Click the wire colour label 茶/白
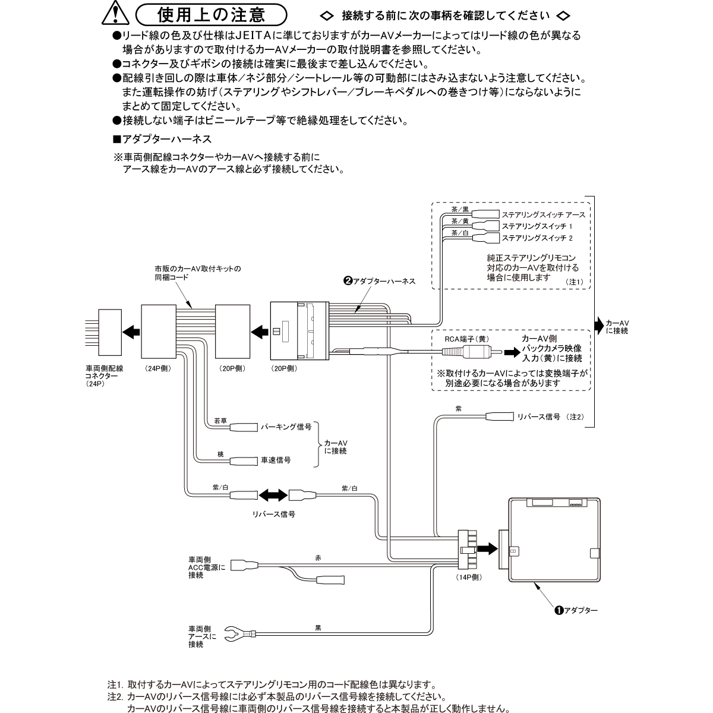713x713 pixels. click(x=460, y=234)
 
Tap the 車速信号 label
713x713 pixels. click(x=276, y=460)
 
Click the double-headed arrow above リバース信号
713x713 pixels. click(x=273, y=494)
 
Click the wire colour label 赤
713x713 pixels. click(x=318, y=558)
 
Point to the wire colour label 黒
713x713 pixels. click(x=318, y=627)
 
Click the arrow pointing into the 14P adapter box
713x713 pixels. click(x=487, y=548)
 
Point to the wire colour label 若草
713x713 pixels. click(x=220, y=420)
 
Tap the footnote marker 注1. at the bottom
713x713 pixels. click(x=114, y=684)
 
